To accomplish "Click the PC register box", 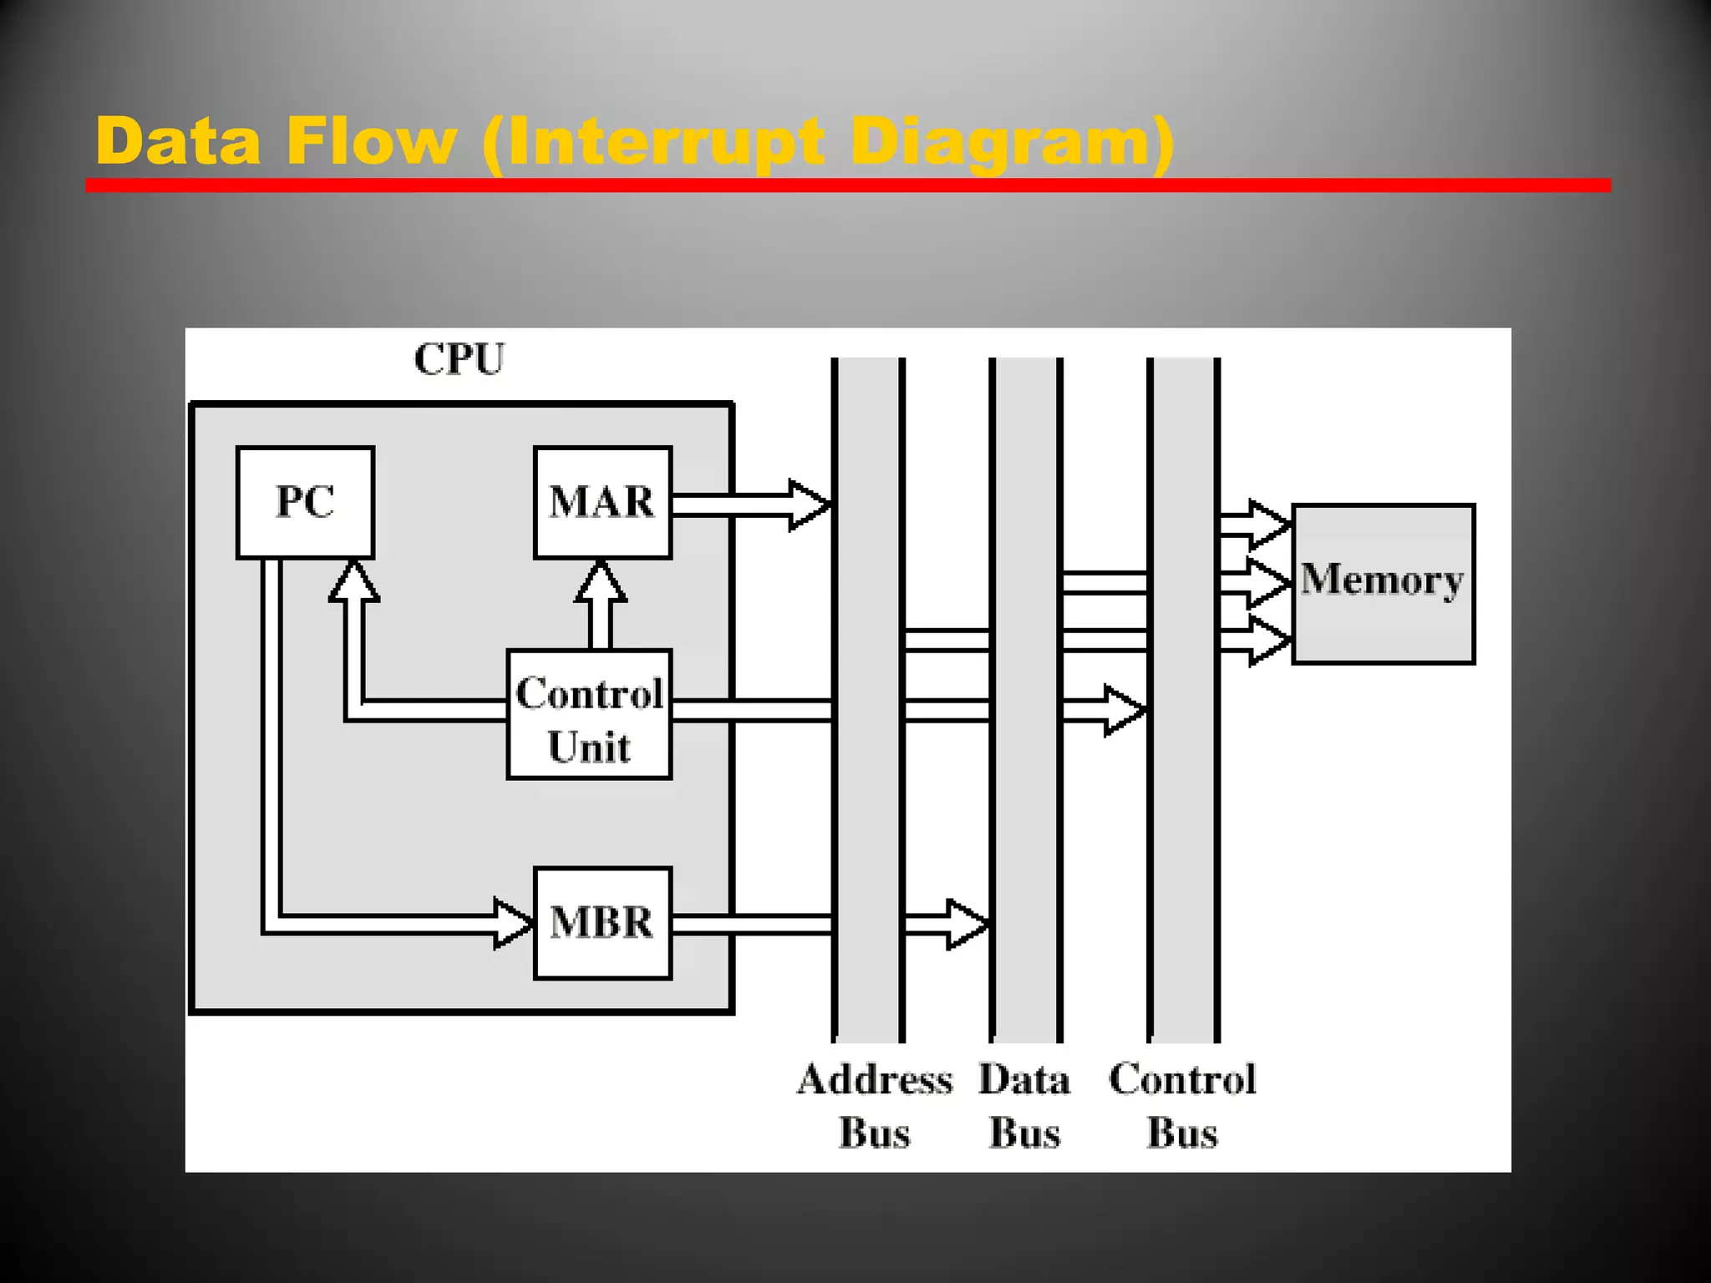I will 305,502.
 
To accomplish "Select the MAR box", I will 602,502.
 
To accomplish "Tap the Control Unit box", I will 589,715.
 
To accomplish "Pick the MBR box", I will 602,923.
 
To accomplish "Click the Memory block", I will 1383,583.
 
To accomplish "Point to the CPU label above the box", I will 459,360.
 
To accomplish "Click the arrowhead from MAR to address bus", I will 809,505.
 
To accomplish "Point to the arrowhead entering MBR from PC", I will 513,924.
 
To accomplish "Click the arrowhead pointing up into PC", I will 354,581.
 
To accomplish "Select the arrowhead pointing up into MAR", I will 601,581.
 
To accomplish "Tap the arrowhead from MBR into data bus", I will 967,924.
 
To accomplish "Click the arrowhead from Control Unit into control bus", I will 1124,711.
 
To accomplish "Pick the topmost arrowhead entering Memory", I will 1269,525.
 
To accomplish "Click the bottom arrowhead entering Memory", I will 1269,641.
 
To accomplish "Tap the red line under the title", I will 847,185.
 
